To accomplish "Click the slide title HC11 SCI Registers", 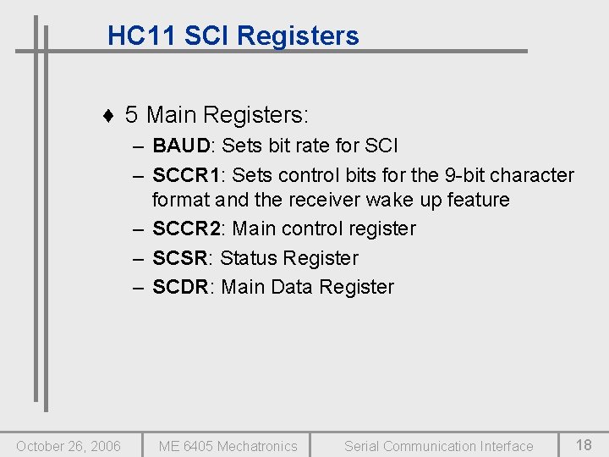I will (x=233, y=36).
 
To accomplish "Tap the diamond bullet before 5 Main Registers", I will (x=107, y=115).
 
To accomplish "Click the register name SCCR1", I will (x=186, y=175).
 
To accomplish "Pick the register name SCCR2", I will (x=186, y=228).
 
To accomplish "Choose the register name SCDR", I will (x=180, y=287).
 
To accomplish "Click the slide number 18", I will (x=584, y=444).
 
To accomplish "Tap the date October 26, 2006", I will (x=69, y=446).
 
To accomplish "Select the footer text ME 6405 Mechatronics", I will (x=228, y=446).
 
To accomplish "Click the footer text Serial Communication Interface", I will (x=438, y=446).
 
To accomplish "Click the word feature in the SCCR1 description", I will (x=478, y=200).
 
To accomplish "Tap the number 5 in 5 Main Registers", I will (x=132, y=114).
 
